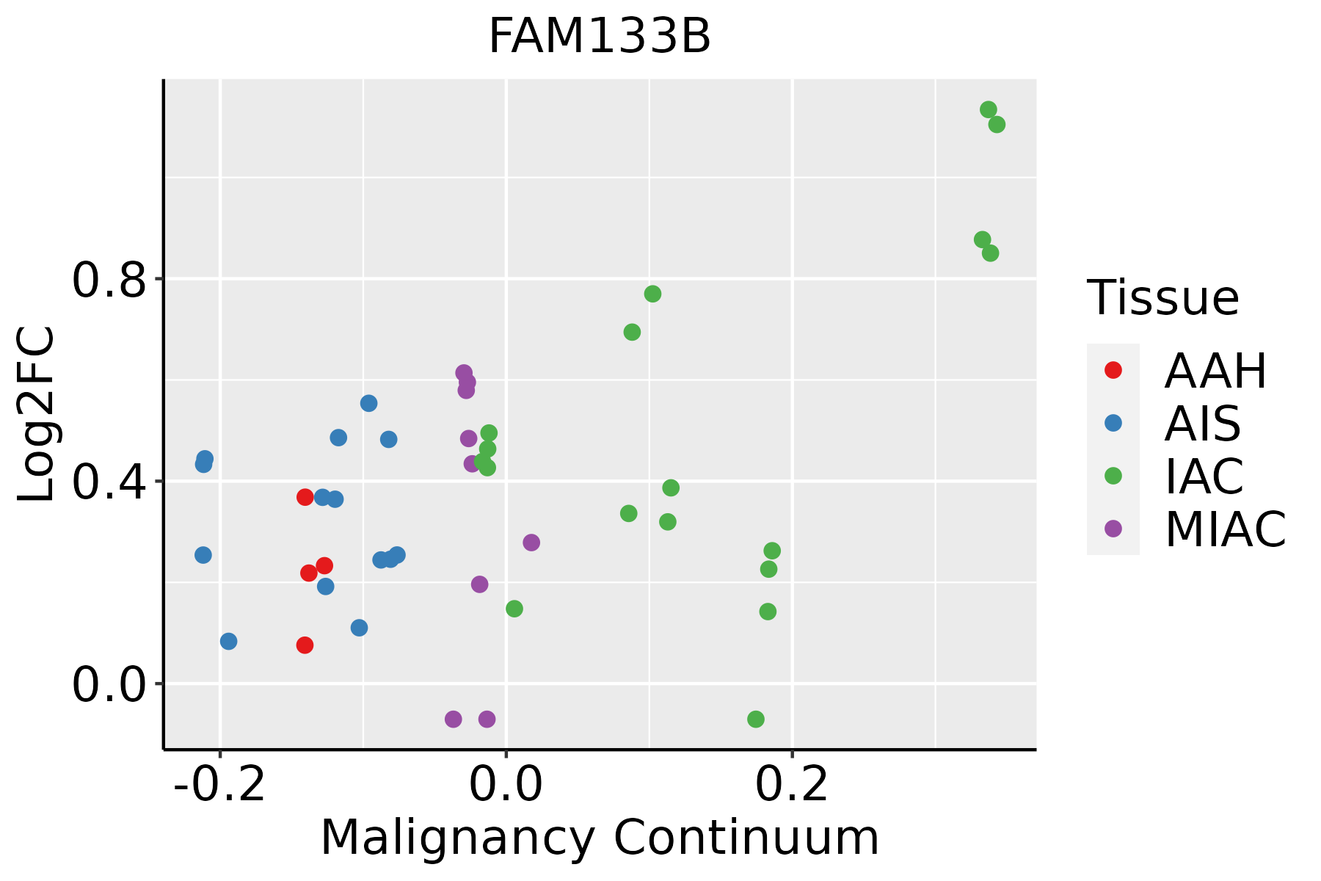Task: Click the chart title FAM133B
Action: (600, 37)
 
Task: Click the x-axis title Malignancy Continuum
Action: (600, 838)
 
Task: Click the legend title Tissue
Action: (1163, 298)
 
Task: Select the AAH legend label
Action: (1215, 371)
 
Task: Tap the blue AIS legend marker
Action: (1113, 423)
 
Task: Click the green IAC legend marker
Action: (1113, 476)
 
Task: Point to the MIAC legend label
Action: (1225, 529)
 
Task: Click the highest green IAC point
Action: (989, 109)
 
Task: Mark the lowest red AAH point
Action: (305, 645)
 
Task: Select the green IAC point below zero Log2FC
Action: (756, 719)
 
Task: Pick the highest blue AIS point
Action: (369, 403)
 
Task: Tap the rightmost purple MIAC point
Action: (531, 543)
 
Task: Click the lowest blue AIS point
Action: (229, 642)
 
